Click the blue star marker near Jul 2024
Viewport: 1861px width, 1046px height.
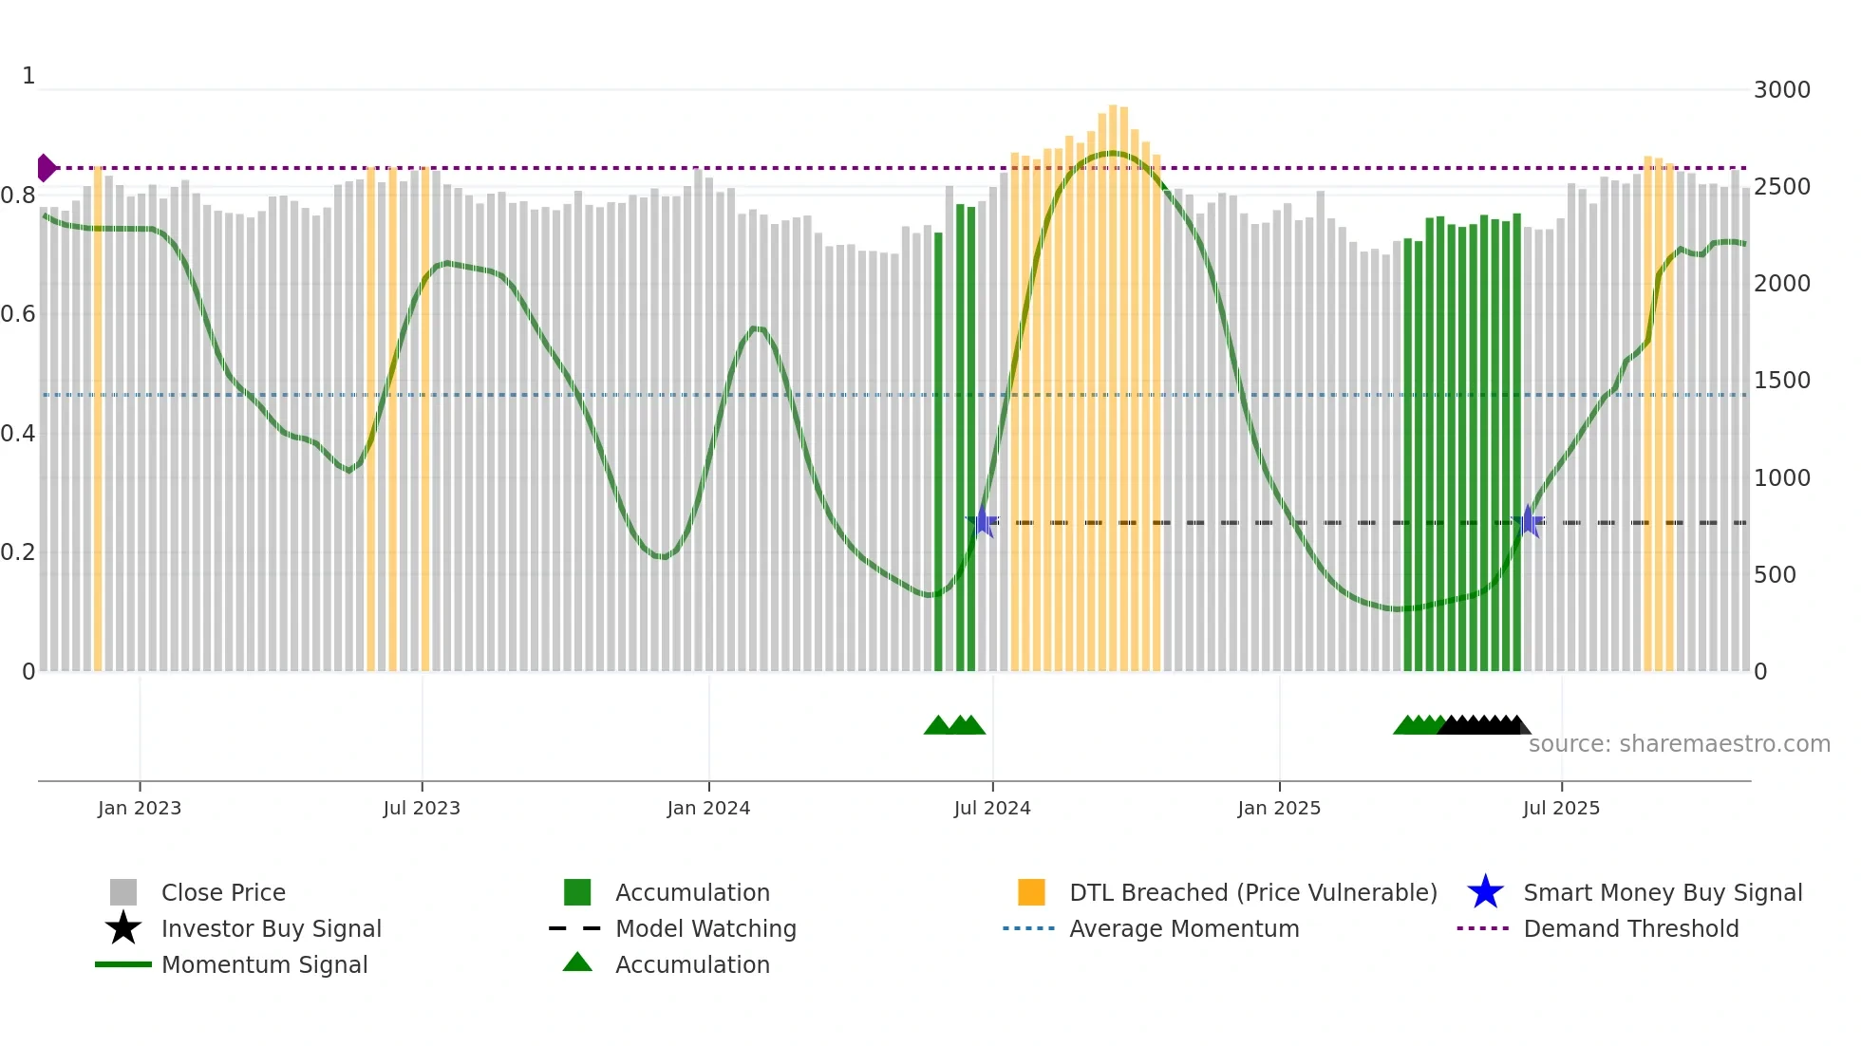(x=984, y=521)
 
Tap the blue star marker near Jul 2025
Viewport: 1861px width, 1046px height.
(x=1528, y=521)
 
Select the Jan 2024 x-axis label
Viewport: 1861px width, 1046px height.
(x=708, y=808)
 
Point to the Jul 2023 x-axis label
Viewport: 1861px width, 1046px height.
(x=422, y=808)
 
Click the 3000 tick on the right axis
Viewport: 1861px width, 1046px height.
(x=1781, y=90)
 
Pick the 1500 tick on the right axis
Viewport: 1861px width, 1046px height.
(x=1781, y=381)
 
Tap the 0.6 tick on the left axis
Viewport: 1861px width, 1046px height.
(x=18, y=314)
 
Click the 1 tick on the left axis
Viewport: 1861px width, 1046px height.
(x=28, y=76)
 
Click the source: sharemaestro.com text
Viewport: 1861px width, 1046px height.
(x=1679, y=744)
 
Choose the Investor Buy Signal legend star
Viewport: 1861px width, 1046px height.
(x=123, y=928)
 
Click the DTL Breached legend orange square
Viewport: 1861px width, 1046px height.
(x=1031, y=892)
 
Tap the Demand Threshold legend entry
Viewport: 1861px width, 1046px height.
(x=1630, y=928)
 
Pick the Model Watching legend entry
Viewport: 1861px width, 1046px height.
(x=705, y=928)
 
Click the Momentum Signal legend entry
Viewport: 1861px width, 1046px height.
(x=264, y=964)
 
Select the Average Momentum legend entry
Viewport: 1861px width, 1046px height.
(x=1183, y=928)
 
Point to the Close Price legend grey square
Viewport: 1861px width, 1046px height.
(x=123, y=892)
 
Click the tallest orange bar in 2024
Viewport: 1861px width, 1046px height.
(x=1113, y=380)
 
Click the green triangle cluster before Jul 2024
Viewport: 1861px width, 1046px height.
(x=954, y=725)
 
